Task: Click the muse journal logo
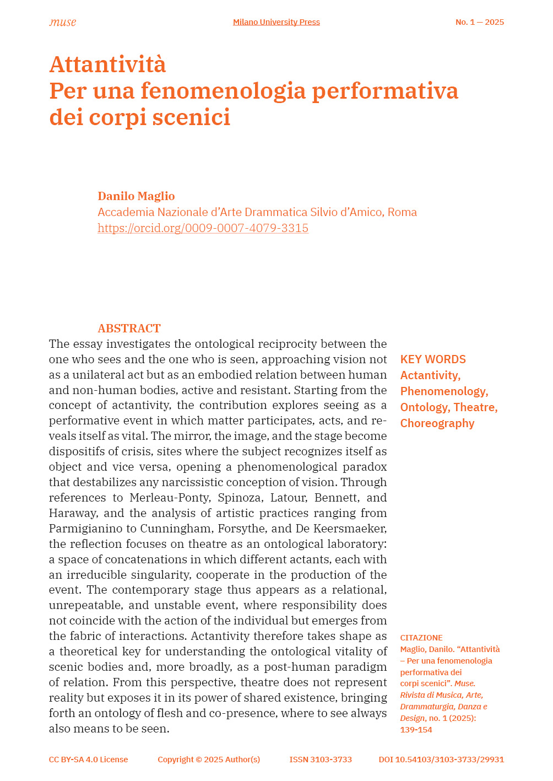(63, 23)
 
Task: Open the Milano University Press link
(276, 22)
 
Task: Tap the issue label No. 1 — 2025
(479, 22)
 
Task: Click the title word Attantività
(107, 64)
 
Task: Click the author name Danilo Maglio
(136, 196)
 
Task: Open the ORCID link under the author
(203, 228)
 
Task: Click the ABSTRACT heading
(129, 328)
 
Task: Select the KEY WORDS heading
(433, 359)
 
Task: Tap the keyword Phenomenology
(443, 391)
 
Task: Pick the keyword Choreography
(437, 423)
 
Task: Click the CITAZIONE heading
(421, 638)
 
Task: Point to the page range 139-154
(416, 730)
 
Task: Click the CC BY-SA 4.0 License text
(88, 760)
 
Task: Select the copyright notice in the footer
(209, 760)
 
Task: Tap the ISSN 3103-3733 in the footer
(321, 760)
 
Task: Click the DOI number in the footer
(441, 760)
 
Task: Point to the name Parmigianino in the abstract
(91, 529)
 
